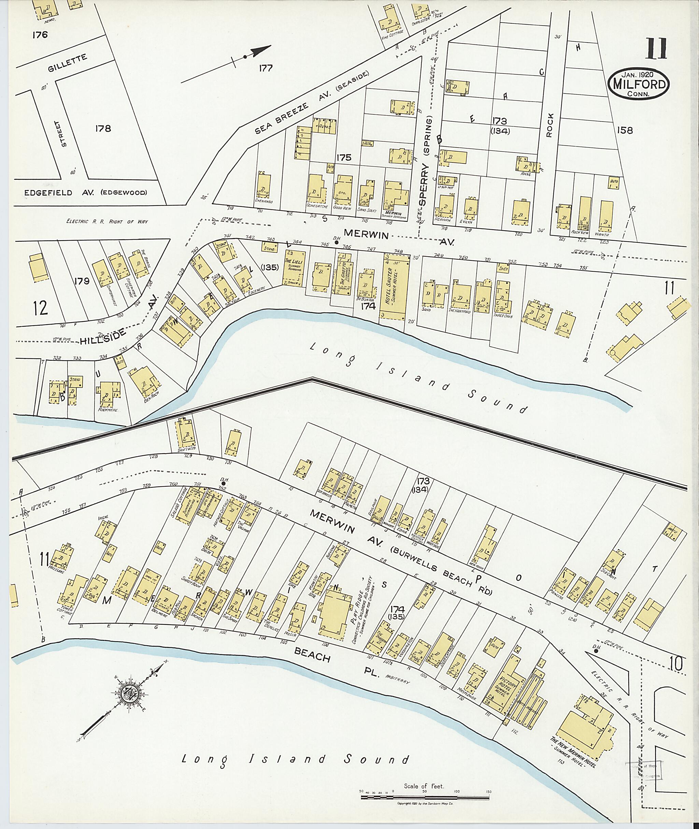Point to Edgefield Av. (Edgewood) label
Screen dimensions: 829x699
click(86, 193)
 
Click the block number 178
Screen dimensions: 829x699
click(103, 128)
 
